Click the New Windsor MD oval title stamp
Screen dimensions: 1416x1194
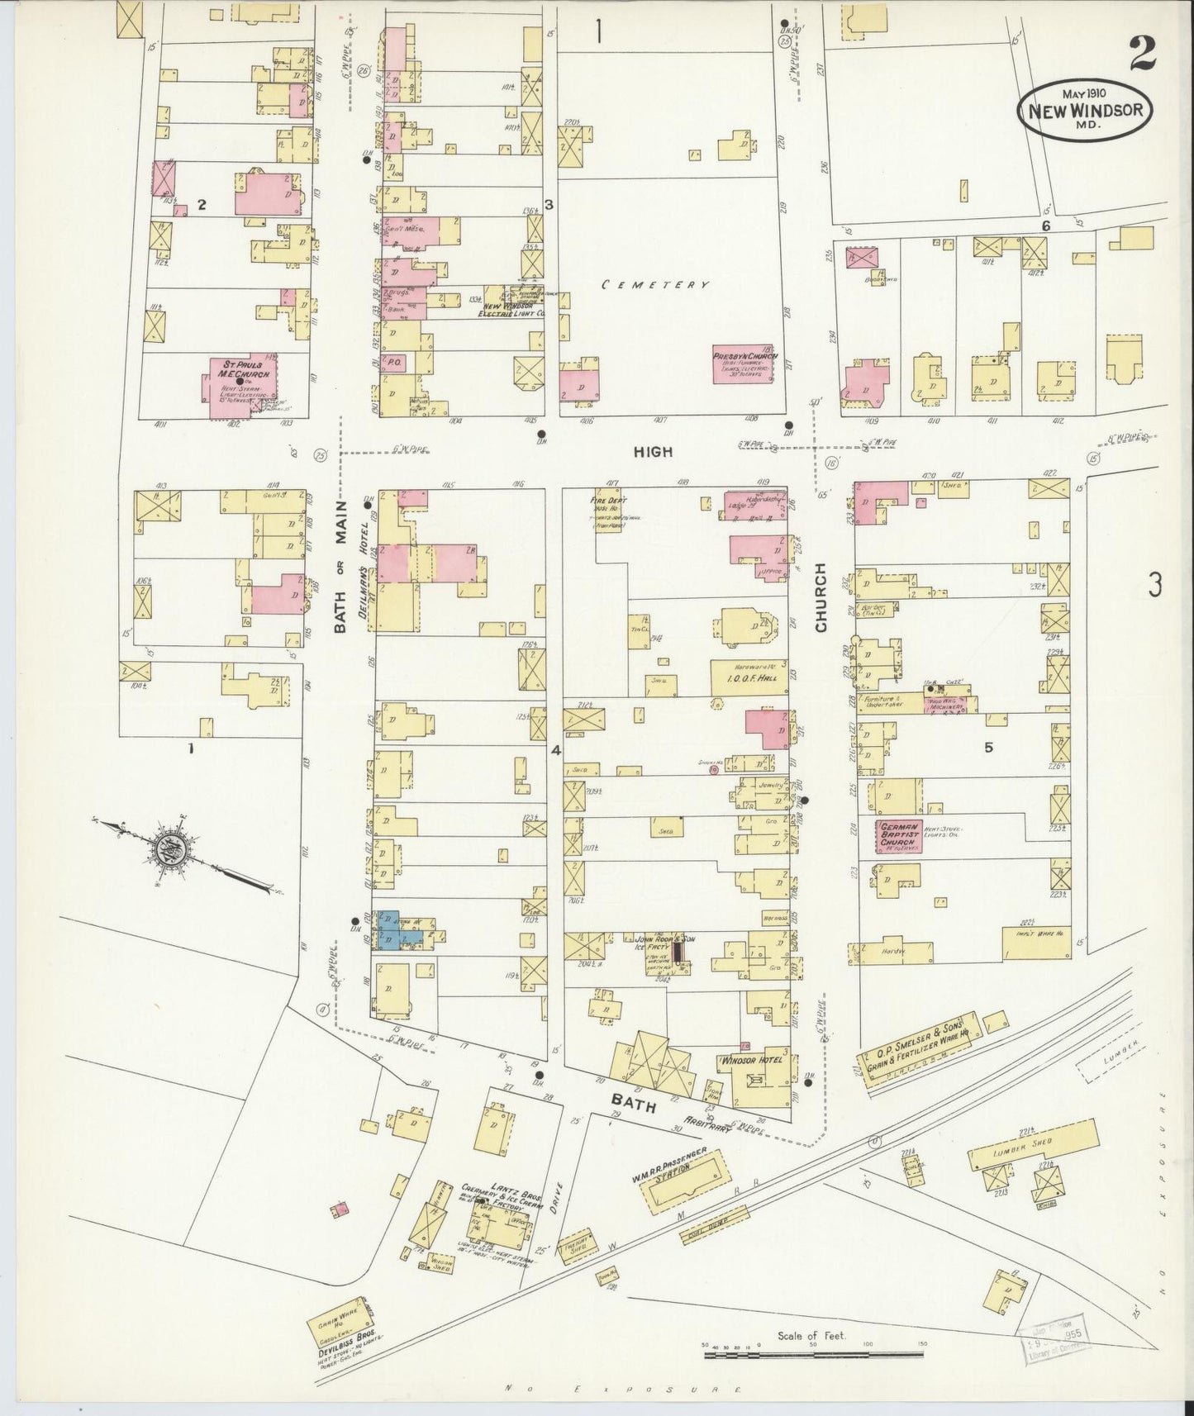pyautogui.click(x=1084, y=112)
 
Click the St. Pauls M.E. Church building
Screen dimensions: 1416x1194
pyautogui.click(x=240, y=382)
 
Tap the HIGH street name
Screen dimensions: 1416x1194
pyautogui.click(x=653, y=452)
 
